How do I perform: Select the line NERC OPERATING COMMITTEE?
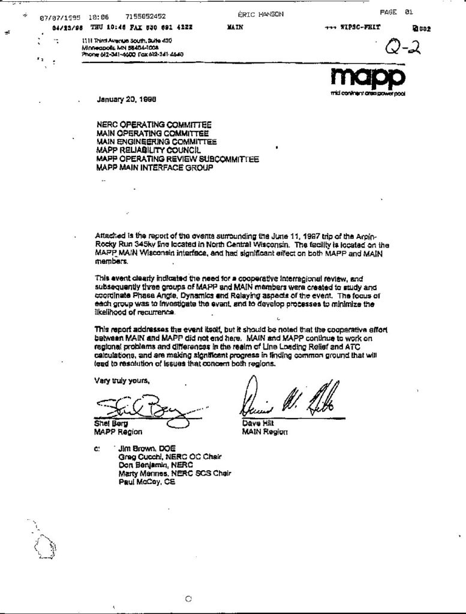154,125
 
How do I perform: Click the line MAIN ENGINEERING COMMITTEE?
157,142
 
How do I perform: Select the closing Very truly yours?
122,381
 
